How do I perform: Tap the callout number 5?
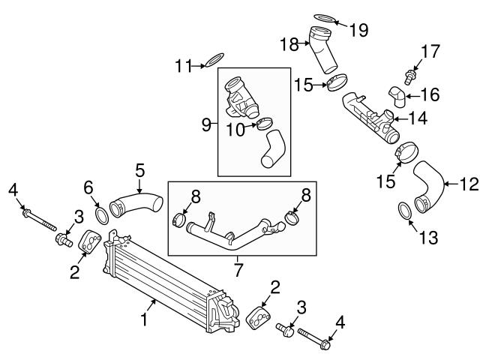(139, 171)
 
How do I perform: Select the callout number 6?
(88, 186)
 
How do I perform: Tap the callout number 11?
(181, 65)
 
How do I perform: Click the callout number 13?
(427, 238)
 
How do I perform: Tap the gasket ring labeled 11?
(214, 59)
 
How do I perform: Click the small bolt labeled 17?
(409, 75)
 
